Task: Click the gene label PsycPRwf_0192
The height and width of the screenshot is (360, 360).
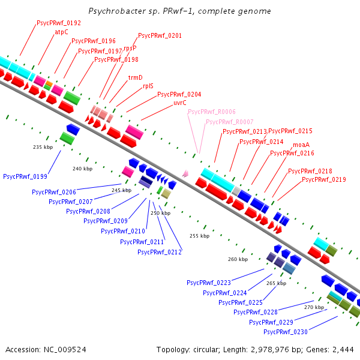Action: pos(59,23)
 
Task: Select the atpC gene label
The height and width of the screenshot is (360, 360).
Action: pos(62,32)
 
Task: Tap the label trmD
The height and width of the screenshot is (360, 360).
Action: pos(136,78)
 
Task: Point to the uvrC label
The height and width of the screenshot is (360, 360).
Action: pos(180,103)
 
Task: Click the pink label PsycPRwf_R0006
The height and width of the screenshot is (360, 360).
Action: pos(211,112)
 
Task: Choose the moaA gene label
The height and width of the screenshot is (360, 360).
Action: pos(301,145)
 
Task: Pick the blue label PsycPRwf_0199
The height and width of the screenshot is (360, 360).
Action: pos(25,177)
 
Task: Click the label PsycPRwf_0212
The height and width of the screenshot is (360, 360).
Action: pos(160,252)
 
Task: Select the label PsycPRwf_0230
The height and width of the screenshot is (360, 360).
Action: pos(286,332)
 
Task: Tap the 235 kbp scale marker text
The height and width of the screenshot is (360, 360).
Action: pos(43,147)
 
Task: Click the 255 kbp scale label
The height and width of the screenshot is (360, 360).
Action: pos(199,236)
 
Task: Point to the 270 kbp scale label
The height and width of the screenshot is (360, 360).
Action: pos(314,307)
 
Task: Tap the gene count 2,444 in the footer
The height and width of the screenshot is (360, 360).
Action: pos(342,349)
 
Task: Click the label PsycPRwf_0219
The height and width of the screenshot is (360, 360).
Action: pos(324,180)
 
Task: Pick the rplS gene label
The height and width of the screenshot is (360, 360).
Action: pos(148,86)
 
